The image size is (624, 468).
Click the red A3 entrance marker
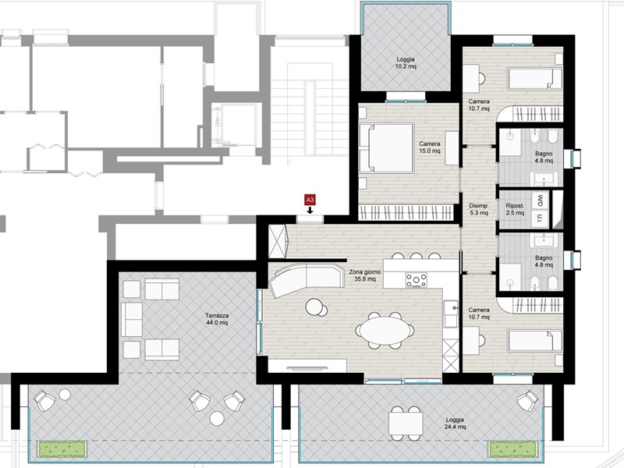(x=310, y=201)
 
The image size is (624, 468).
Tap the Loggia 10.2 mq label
(x=405, y=62)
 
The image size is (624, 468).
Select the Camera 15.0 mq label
(x=430, y=147)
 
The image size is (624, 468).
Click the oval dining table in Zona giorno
(x=385, y=331)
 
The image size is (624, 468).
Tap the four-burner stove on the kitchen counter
(x=417, y=279)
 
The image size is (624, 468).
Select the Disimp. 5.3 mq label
(x=478, y=209)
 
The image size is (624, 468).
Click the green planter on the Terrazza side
(x=63, y=448)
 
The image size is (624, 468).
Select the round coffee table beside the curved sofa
(x=315, y=307)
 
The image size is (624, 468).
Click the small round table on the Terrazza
(x=217, y=419)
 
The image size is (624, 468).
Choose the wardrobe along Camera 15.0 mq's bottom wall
(x=406, y=211)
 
